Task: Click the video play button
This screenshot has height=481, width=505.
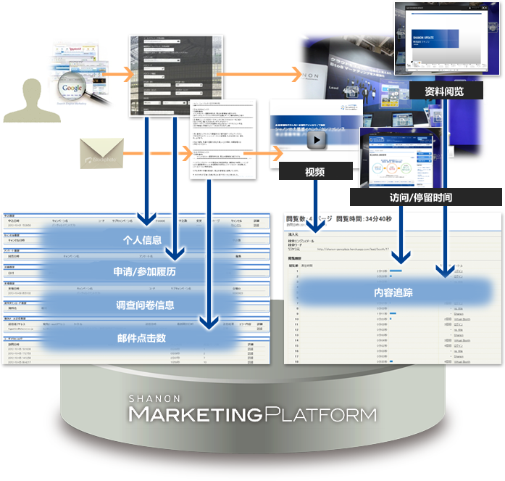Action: tap(314, 139)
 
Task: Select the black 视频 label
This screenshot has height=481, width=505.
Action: tap(315, 172)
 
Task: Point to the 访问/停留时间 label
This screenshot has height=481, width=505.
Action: tap(426, 197)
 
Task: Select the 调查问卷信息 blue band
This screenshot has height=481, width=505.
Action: tap(146, 305)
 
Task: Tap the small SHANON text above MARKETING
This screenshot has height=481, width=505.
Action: tap(149, 398)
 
